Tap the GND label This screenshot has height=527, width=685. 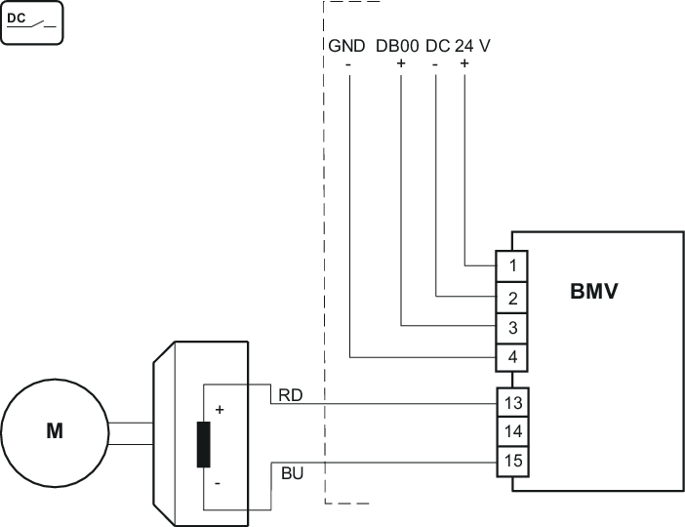coord(346,46)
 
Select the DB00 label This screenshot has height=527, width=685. coord(398,46)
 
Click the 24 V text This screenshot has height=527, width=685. coord(474,46)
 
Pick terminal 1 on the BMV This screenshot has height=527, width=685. coord(513,264)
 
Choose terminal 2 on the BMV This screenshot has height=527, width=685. coord(513,296)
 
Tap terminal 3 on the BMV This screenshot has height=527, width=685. coord(513,326)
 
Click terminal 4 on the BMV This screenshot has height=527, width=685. coord(513,357)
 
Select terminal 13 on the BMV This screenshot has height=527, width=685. coord(513,401)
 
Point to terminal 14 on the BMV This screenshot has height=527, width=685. coord(513,430)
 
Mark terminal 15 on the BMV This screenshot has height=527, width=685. coord(513,460)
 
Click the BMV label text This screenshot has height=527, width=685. coord(593,291)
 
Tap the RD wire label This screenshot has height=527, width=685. coord(290,394)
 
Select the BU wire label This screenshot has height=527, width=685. coord(290,473)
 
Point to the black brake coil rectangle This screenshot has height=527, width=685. coord(204,446)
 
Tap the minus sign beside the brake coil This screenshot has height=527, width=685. coord(218,483)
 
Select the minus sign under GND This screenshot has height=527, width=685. coord(348,64)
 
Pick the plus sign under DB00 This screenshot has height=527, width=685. coord(401,64)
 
